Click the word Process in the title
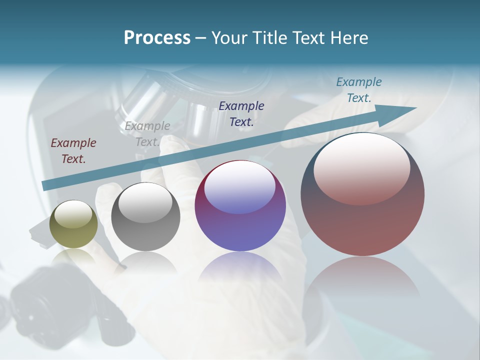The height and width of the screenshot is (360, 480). pos(157,38)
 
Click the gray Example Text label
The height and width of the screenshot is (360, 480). pos(147,134)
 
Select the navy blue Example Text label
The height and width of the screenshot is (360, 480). pos(241,113)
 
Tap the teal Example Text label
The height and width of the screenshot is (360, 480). pos(359,90)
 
